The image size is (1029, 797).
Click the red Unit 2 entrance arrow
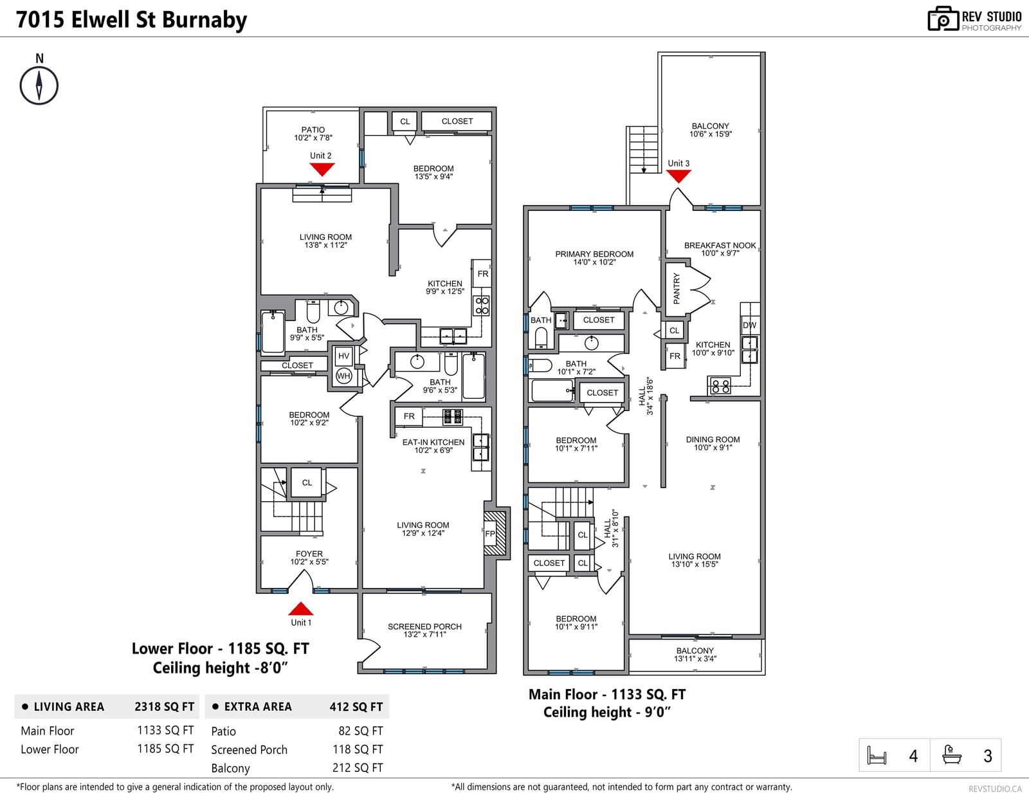(x=322, y=169)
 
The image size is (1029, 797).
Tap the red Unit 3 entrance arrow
(x=678, y=176)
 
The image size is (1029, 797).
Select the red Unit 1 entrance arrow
(x=301, y=609)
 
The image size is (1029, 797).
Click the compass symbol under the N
(x=39, y=86)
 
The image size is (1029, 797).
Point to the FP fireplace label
(x=489, y=534)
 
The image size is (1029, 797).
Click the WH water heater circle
(x=344, y=376)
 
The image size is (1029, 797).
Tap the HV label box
(x=344, y=356)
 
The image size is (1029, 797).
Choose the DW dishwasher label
(x=750, y=325)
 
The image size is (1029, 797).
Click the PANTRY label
(x=676, y=288)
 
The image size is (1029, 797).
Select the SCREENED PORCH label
(x=424, y=627)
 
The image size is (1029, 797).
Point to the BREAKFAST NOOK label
(x=720, y=245)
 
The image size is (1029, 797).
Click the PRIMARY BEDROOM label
(x=594, y=254)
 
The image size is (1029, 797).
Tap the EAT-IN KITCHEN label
(x=433, y=442)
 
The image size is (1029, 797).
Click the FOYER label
(x=309, y=554)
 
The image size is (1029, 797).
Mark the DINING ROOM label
(x=713, y=439)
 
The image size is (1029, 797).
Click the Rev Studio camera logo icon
(x=943, y=19)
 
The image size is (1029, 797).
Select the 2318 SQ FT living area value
(x=164, y=706)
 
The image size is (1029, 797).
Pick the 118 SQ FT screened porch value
(x=358, y=749)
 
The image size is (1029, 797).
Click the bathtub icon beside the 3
(x=952, y=755)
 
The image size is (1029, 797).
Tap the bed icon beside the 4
(x=877, y=755)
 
